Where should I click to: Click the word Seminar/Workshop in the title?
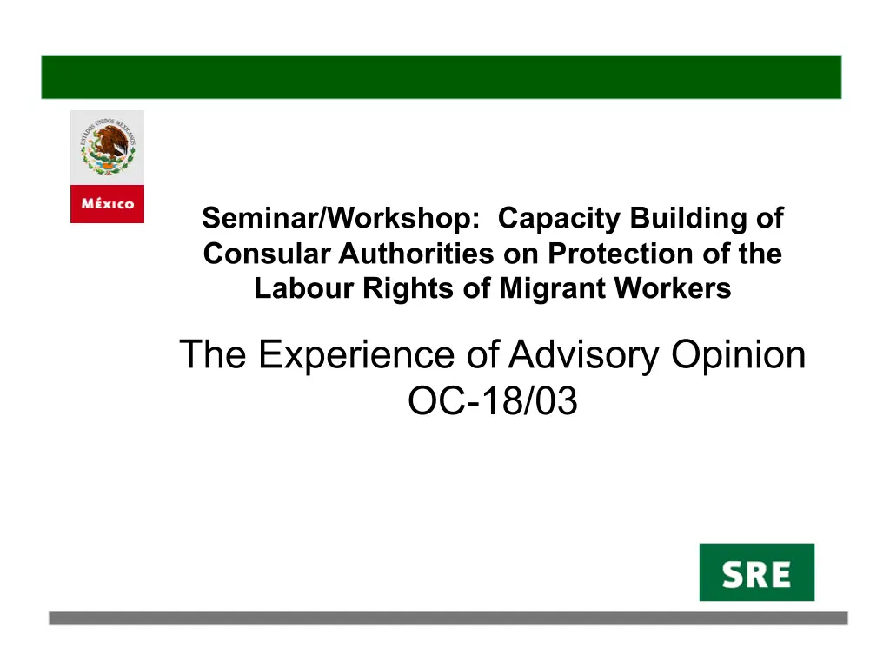coord(341,218)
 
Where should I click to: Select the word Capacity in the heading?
coord(559,219)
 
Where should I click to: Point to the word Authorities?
coord(416,254)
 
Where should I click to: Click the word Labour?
coord(303,288)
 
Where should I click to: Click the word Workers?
coord(674,288)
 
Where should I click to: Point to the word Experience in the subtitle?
coord(356,355)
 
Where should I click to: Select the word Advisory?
coord(583,355)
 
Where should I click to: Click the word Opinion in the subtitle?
coord(739,355)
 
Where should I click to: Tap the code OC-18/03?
coord(493,400)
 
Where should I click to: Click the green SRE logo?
coord(757,572)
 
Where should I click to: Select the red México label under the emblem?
coord(107,203)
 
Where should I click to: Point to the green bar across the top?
coord(441,77)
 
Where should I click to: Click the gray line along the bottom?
coord(448,618)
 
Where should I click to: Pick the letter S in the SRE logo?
coord(734,575)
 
